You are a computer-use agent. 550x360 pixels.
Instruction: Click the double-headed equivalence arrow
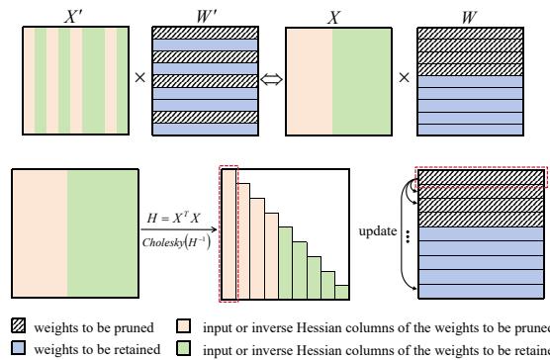pos(269,72)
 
